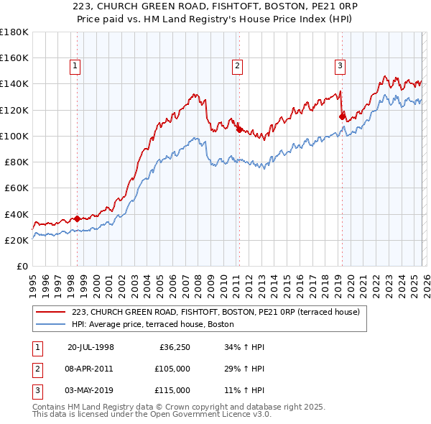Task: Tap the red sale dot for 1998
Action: click(78, 219)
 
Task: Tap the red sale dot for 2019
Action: click(342, 116)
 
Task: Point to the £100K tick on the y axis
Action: click(14, 136)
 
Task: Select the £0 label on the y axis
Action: click(22, 267)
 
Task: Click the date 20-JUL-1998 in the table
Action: click(91, 347)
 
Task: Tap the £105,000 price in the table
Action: click(172, 369)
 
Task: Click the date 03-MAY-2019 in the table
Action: click(91, 390)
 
